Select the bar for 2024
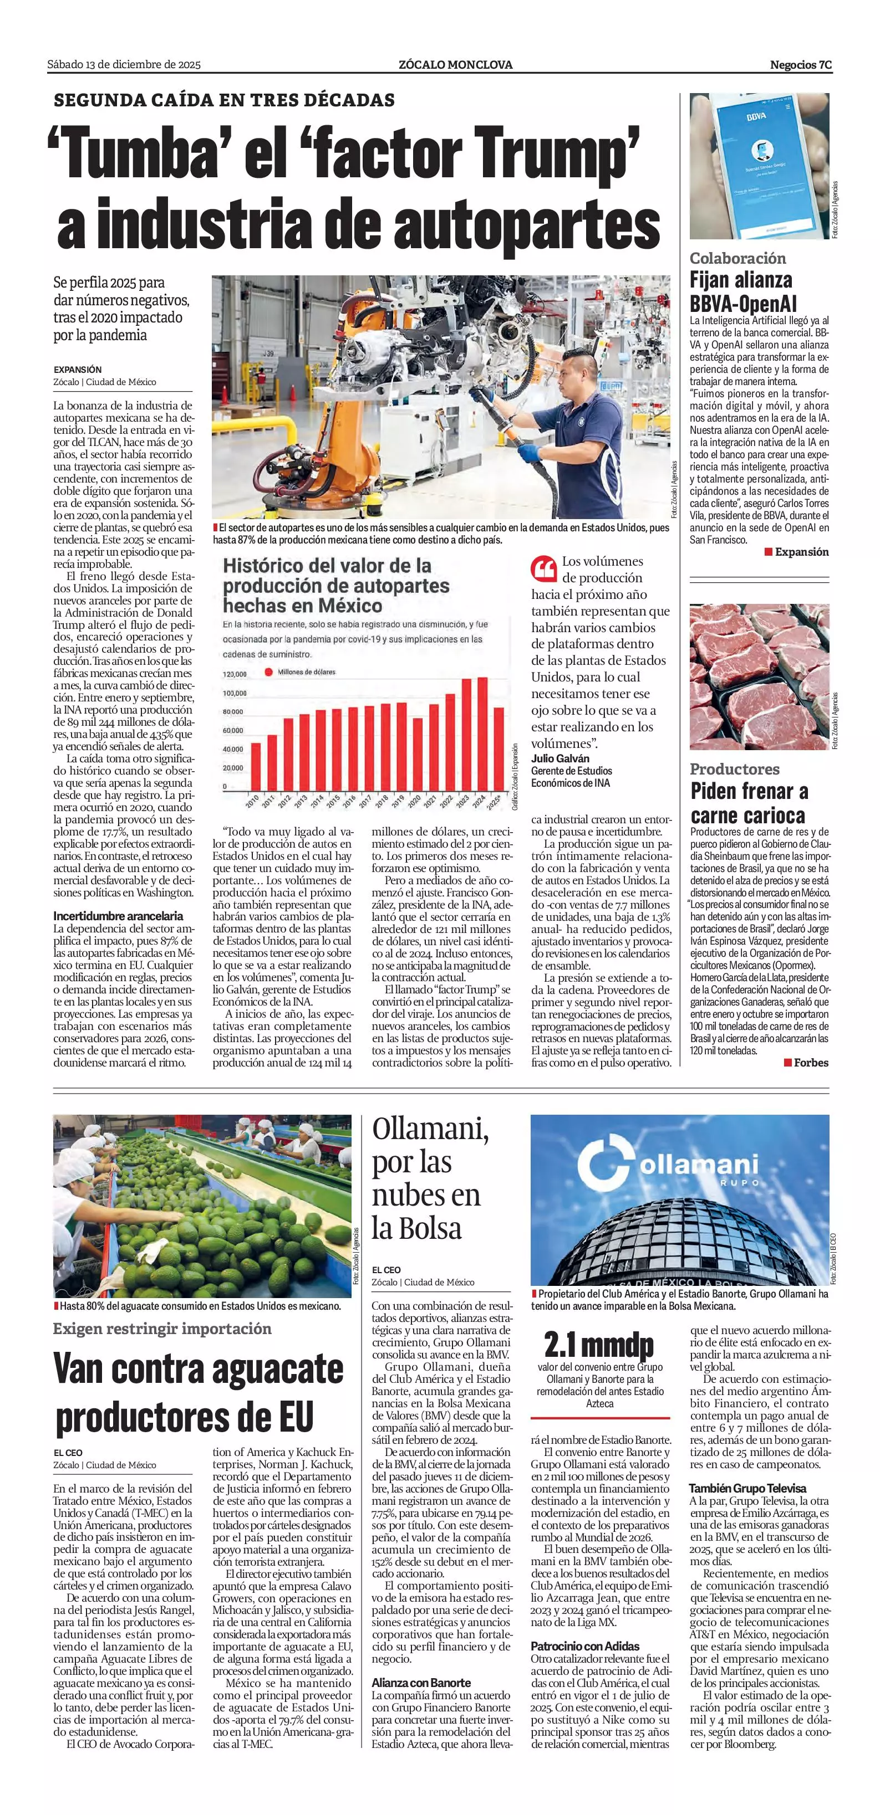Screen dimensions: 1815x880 [482, 734]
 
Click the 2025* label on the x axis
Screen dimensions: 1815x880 [496, 801]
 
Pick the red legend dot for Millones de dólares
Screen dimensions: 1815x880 [268, 671]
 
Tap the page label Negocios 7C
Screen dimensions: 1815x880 [800, 65]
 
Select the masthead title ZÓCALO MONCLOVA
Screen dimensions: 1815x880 [455, 65]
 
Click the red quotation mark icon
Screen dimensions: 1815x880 [543, 567]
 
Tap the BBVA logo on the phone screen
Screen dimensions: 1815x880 [756, 116]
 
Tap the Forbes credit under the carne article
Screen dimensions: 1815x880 [810, 1062]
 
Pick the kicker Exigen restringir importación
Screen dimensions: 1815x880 [161, 1328]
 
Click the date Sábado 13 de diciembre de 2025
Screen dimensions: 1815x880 [124, 65]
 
